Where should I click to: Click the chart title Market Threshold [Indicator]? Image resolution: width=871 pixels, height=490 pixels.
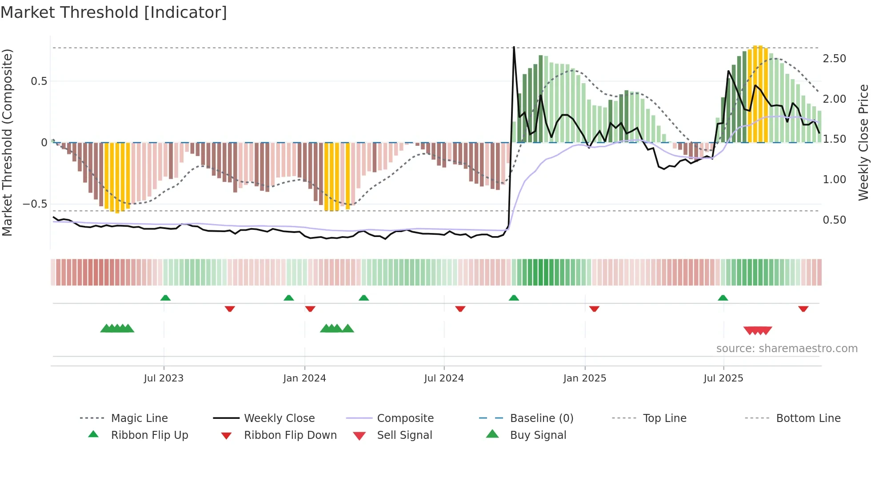tap(114, 12)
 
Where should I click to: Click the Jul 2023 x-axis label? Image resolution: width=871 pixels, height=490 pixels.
tap(164, 378)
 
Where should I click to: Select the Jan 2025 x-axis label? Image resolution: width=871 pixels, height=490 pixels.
tap(584, 378)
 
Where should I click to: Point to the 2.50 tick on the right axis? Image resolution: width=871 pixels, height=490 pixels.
tap(834, 59)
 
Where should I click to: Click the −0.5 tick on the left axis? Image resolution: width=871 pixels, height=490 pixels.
tap(35, 204)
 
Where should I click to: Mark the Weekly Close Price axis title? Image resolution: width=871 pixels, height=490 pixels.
tap(863, 142)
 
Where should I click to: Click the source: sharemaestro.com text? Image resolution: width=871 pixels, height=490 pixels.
tap(787, 348)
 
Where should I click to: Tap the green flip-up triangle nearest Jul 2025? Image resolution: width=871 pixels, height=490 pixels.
tap(723, 298)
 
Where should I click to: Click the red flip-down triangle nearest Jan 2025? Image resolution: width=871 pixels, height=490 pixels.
tap(594, 309)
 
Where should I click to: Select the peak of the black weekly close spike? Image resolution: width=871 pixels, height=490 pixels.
tap(514, 47)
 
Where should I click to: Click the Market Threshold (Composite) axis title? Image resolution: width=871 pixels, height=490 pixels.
tap(7, 142)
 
